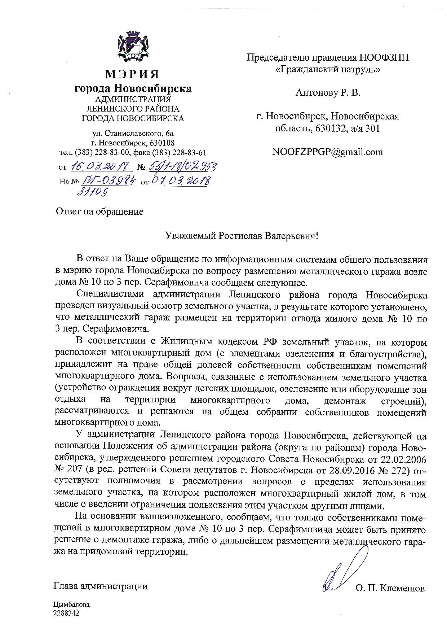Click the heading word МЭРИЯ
(x=132, y=74)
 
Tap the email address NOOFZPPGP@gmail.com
(x=328, y=152)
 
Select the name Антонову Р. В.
(x=328, y=93)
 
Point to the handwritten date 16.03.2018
(x=101, y=166)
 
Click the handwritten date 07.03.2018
(x=180, y=181)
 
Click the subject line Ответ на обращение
(x=99, y=211)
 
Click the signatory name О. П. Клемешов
(x=390, y=589)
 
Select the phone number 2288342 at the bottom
(x=66, y=613)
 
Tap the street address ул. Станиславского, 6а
(x=133, y=134)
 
